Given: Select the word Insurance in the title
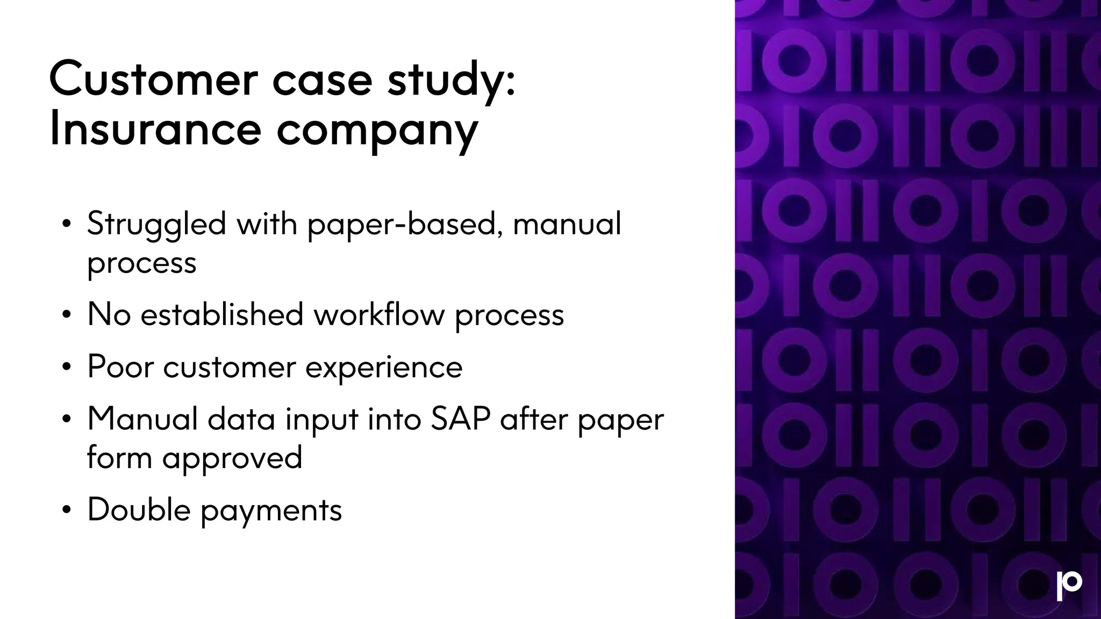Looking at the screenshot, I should [x=155, y=129].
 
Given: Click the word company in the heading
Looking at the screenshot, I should [x=377, y=132].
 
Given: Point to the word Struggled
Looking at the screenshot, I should [x=156, y=225].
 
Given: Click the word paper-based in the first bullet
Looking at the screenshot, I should [x=401, y=225].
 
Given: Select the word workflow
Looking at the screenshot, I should [x=379, y=314].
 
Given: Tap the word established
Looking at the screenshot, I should [x=221, y=314].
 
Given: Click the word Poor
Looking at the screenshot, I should [x=120, y=367].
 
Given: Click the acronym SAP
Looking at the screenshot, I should [x=460, y=419].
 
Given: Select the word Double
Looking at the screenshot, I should [x=139, y=509].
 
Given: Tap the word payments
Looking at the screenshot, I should [x=271, y=511].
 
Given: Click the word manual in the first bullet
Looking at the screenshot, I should [x=567, y=225].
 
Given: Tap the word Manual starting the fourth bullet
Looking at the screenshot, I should [x=142, y=419].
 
